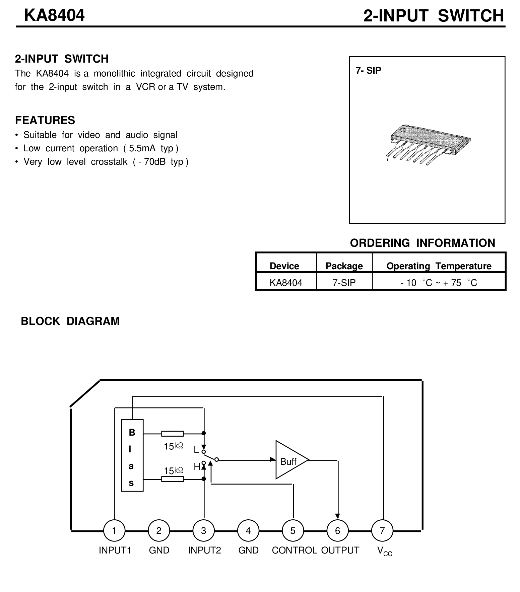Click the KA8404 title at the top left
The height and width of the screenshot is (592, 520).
[54, 15]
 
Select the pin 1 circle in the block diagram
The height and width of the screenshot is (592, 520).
[114, 531]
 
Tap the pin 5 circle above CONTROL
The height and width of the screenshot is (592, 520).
[293, 531]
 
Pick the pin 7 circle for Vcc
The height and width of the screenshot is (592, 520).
[382, 531]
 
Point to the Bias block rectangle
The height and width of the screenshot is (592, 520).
[132, 455]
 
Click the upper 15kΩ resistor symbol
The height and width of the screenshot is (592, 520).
[172, 434]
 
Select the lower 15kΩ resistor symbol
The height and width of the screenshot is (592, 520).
[172, 479]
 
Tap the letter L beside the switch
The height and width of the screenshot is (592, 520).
[196, 450]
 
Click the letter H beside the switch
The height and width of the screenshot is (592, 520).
[197, 466]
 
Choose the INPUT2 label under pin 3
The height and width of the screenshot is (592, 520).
[204, 550]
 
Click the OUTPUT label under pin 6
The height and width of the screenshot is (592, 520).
[340, 550]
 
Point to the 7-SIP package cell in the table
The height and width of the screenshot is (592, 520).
[344, 283]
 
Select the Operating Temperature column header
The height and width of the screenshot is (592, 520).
[439, 266]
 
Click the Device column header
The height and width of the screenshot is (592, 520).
[284, 266]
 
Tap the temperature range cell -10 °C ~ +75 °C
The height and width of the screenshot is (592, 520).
[439, 283]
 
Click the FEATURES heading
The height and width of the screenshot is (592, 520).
[45, 120]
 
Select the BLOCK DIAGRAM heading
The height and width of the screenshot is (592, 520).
[70, 321]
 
